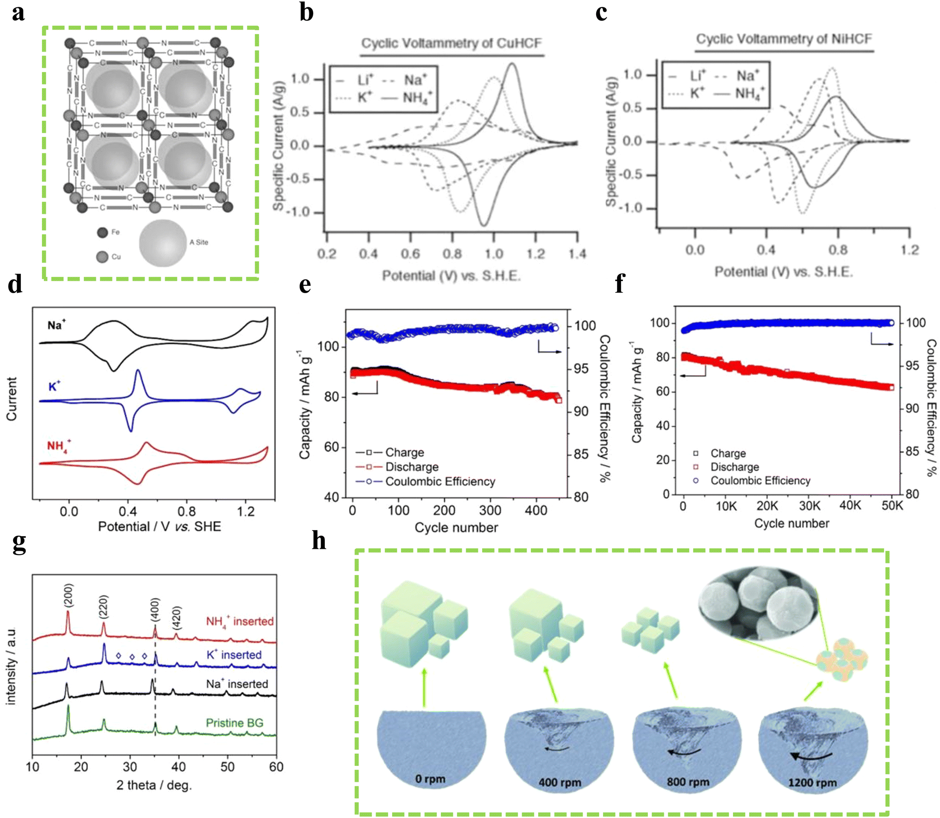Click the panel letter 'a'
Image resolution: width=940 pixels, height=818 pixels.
19,13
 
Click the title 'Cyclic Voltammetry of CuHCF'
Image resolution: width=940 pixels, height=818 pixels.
451,43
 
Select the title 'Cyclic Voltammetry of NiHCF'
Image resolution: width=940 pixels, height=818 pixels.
784,39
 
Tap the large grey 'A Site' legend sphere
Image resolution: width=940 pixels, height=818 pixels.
163,243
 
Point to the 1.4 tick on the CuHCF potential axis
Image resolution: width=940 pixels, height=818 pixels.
578,254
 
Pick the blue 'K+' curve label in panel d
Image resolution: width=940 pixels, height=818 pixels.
54,387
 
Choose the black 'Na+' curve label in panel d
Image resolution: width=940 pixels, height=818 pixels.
56,325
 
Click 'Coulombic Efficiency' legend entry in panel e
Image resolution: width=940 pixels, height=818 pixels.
440,482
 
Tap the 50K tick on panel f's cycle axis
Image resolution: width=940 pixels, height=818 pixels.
892,506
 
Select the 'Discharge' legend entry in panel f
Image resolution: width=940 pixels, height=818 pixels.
734,467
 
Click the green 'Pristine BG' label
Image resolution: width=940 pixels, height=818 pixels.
234,723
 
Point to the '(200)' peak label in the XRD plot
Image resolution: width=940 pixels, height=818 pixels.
69,595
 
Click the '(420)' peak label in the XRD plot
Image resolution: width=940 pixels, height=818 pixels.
176,617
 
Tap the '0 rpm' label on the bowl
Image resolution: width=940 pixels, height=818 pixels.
430,779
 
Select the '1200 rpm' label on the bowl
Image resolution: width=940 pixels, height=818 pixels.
812,782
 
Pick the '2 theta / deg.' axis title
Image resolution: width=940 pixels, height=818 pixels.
154,785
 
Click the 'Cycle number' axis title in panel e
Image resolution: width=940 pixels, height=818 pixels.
456,527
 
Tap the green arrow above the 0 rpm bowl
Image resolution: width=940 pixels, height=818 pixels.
424,687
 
